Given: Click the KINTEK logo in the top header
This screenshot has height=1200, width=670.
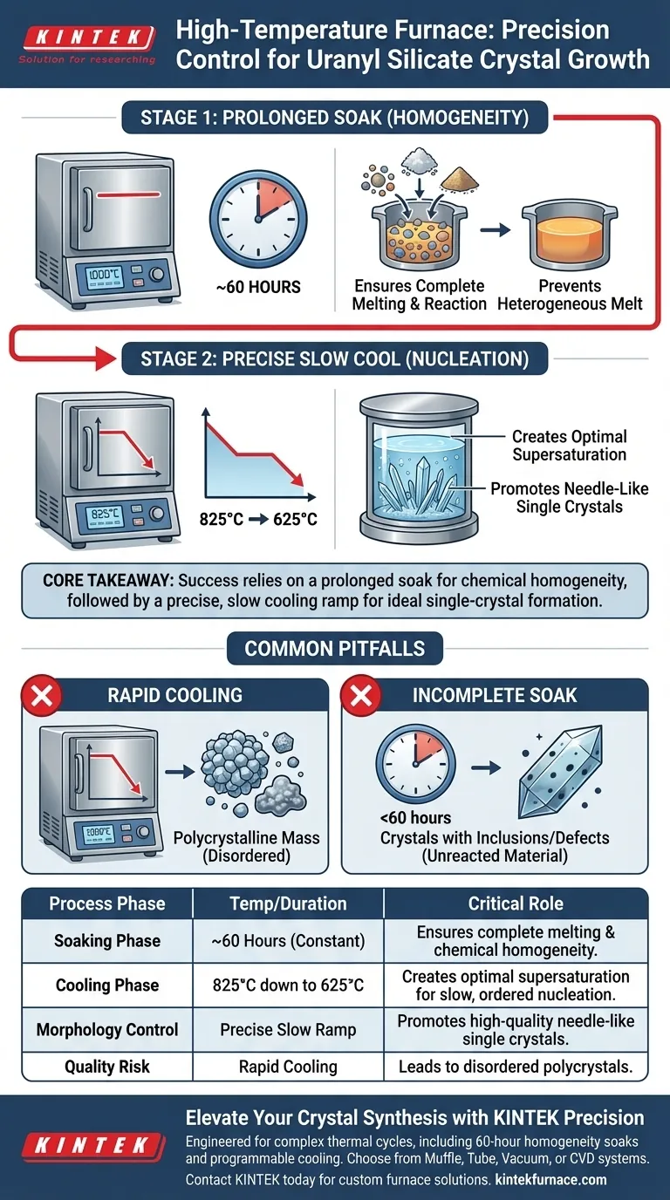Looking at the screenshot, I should [x=86, y=40].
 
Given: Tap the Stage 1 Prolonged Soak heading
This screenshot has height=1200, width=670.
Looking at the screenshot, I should [x=336, y=117].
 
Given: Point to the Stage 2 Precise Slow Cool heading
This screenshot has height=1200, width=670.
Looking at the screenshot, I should [x=335, y=358].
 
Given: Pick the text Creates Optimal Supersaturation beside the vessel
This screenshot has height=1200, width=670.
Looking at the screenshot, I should [x=570, y=445].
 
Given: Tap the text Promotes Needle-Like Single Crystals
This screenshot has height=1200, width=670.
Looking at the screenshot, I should [x=570, y=498].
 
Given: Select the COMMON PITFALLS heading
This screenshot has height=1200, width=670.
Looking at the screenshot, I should [x=335, y=649].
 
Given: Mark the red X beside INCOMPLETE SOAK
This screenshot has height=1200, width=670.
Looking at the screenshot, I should [x=360, y=696].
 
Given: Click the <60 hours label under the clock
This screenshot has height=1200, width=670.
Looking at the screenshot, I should [x=415, y=818].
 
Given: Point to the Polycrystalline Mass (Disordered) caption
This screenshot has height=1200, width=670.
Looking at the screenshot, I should [x=247, y=847].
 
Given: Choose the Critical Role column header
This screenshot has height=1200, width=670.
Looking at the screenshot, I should [x=516, y=903].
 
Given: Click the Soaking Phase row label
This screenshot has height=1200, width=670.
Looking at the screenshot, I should [x=107, y=941].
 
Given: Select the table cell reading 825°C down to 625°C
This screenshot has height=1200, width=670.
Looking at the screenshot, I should [x=288, y=985].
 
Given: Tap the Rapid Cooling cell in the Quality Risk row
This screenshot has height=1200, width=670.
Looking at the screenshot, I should [x=288, y=1066].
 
